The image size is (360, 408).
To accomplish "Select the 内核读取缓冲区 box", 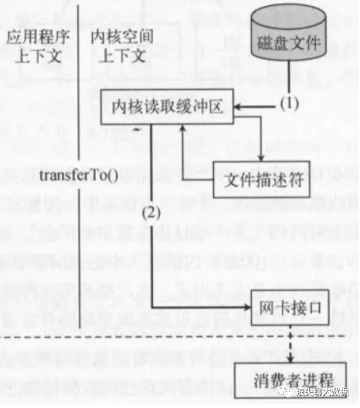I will click(x=167, y=107).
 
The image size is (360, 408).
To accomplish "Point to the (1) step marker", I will click(x=289, y=104).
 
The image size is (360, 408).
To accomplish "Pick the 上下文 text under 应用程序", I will click(x=38, y=57).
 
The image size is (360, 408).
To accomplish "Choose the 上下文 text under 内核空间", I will click(x=122, y=57).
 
